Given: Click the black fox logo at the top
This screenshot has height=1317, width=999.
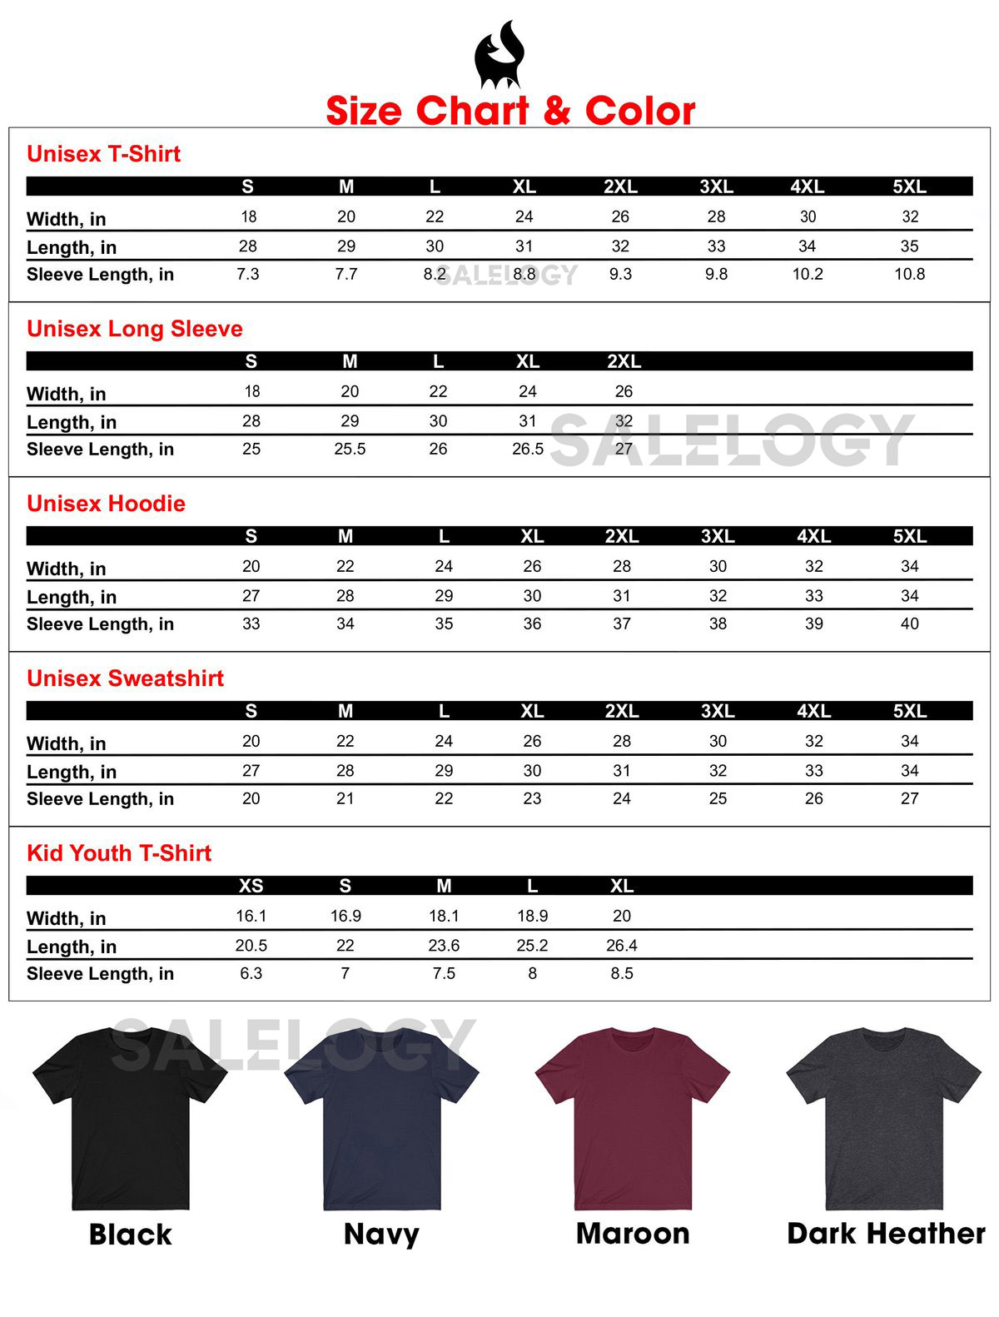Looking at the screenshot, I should (498, 56).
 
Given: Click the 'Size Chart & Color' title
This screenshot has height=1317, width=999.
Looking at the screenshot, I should (510, 111).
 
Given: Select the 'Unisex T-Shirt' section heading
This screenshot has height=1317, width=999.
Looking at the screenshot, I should (103, 154).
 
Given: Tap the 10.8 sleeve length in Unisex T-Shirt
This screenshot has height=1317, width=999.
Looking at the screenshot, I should (909, 274).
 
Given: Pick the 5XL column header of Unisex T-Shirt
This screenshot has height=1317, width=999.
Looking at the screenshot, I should (909, 186).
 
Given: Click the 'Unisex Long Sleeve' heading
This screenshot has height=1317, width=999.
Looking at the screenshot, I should (135, 329).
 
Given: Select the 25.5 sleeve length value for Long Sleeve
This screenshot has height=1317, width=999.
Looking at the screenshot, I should (350, 449).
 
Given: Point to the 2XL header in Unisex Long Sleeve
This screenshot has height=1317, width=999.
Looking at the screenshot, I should (624, 361).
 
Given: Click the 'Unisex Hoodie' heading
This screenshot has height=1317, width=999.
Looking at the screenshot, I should (106, 504).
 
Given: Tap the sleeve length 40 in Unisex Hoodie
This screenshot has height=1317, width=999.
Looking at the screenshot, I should (909, 624).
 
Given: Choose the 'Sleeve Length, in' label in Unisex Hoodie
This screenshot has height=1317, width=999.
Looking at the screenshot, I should (100, 624).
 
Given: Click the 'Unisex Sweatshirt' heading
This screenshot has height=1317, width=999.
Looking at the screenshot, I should (125, 678).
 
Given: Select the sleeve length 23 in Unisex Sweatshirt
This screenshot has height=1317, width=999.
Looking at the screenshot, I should (532, 798).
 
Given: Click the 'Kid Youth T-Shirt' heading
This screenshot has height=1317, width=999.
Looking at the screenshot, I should (119, 853).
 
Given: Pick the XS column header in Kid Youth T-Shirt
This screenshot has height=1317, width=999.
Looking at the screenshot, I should (251, 886).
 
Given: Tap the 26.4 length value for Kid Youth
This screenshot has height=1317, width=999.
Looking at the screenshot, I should (622, 945).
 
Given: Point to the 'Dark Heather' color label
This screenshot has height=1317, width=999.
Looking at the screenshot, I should (886, 1234).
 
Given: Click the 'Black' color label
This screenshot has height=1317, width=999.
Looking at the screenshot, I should (130, 1235).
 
